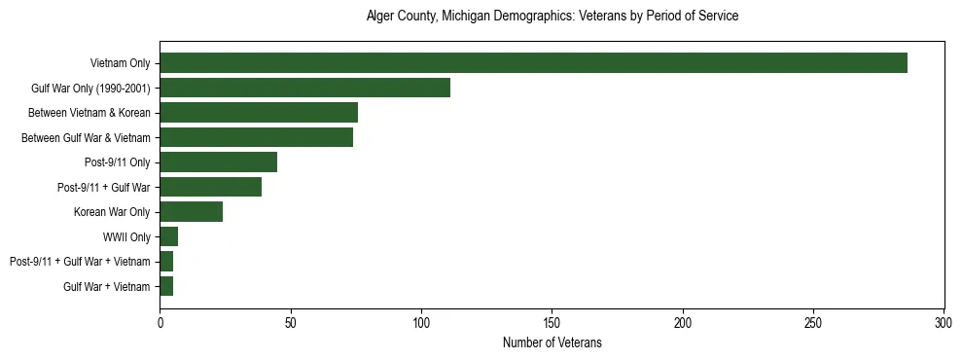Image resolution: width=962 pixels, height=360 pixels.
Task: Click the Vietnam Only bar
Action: (533, 63)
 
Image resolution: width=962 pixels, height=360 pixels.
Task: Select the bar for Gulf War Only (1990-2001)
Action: (304, 88)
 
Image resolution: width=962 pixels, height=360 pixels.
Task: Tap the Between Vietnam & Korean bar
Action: (259, 113)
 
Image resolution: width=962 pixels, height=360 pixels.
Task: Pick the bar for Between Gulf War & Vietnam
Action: (256, 137)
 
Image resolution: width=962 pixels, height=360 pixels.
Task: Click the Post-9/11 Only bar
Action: (218, 162)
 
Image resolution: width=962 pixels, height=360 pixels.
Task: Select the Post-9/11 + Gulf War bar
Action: (210, 187)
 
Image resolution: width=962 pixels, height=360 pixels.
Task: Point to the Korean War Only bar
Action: (191, 212)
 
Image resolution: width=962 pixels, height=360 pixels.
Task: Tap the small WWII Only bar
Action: (168, 236)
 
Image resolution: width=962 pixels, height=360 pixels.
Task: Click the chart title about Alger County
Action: (552, 17)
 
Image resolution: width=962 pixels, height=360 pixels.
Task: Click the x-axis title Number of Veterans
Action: (552, 342)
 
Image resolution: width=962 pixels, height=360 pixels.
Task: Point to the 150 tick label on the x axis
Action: (552, 320)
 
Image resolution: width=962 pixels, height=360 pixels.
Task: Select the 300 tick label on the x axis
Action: (944, 320)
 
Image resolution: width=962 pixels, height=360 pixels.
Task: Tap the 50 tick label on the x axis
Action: (290, 320)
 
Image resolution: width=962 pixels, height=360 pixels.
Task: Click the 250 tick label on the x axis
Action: (813, 320)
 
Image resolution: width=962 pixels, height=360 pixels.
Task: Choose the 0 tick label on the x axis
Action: (160, 320)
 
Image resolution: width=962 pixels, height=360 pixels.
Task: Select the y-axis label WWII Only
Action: (126, 236)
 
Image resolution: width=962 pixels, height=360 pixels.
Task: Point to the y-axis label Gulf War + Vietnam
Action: (107, 287)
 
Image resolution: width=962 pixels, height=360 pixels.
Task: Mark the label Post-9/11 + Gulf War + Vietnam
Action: (80, 262)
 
